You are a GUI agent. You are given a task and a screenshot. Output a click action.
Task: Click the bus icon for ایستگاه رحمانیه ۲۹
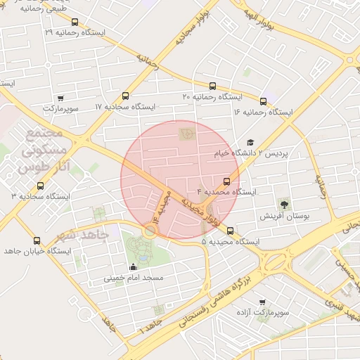tap(75, 22)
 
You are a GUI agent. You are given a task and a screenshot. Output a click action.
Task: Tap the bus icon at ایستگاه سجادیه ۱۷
tap(126, 96)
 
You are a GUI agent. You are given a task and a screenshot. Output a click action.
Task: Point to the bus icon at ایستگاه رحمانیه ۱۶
tap(264, 101)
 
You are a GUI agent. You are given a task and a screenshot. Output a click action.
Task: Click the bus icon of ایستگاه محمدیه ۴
tap(226, 181)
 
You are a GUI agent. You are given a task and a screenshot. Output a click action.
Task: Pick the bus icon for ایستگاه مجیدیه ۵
tap(230, 231)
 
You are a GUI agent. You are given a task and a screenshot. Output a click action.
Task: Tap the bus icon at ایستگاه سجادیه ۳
tap(39, 186)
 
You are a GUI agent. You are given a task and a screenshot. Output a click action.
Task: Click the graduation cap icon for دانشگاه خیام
tap(251, 143)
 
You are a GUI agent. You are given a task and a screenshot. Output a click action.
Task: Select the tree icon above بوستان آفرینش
tap(285, 205)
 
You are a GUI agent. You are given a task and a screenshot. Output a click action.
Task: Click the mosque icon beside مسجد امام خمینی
tap(134, 266)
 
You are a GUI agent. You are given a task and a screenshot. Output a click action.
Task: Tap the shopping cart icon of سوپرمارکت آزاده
tap(261, 301)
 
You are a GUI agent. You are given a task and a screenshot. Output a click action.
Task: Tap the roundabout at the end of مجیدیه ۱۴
tap(150, 231)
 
